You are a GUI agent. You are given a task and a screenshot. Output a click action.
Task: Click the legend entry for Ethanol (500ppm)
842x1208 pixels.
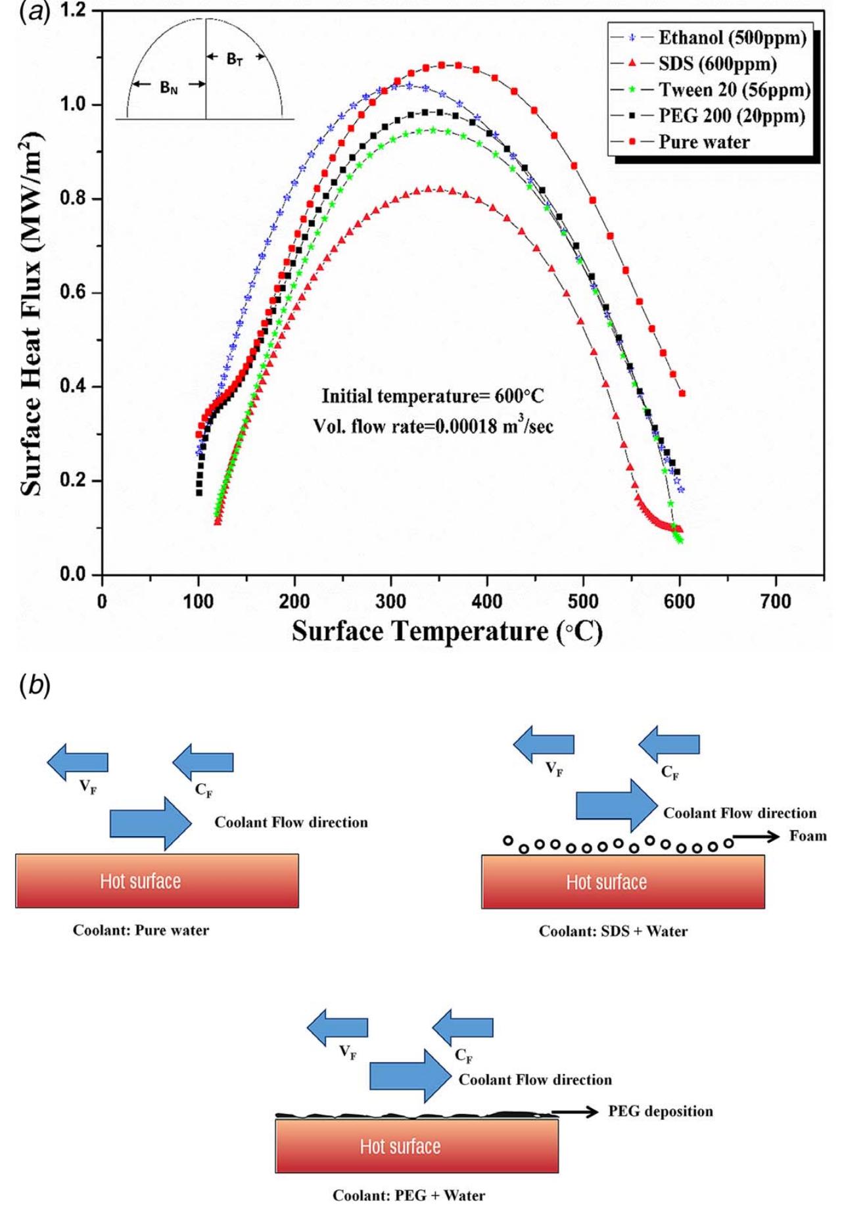pos(732,38)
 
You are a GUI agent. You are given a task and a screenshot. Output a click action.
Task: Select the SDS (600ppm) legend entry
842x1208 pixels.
pos(717,64)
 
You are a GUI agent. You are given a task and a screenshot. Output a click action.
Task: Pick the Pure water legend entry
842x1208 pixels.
pos(704,142)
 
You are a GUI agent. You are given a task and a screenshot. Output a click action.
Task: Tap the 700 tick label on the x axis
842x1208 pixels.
pos(776,601)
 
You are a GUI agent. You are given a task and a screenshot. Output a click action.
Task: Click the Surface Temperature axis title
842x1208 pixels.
pos(447,632)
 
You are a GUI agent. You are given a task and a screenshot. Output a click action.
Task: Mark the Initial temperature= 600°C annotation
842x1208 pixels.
pos(433,396)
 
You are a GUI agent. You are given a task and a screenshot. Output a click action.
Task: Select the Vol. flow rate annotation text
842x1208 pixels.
pos(433,426)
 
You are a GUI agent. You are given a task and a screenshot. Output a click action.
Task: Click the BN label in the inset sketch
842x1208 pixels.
pos(169,86)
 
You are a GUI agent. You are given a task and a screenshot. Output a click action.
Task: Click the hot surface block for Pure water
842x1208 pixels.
pos(157,881)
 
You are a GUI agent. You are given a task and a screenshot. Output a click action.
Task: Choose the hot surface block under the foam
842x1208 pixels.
pos(622,881)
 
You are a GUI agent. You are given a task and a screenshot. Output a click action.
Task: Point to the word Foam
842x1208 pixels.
pos(808,836)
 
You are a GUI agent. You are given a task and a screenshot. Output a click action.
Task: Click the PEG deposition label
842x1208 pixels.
pos(660,1111)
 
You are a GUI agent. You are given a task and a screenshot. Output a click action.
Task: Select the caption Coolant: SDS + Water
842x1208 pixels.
pos(613,931)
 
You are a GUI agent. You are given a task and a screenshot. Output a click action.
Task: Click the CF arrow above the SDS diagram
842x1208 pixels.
pos(668,744)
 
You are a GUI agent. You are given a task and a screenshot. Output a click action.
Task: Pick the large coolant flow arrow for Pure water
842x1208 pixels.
pos(151,823)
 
